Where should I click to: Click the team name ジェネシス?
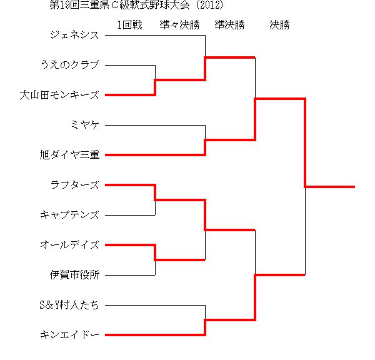pyautogui.click(x=74, y=35)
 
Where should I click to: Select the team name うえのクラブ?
pyautogui.click(x=70, y=65)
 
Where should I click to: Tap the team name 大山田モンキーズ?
pyautogui.click(x=59, y=95)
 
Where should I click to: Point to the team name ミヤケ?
pyautogui.click(x=84, y=125)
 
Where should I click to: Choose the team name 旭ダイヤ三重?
pyautogui.click(x=69, y=155)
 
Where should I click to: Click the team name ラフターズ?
pyautogui.click(x=74, y=185)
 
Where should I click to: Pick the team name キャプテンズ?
pyautogui.click(x=69, y=215)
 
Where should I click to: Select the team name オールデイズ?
pyautogui.click(x=69, y=245)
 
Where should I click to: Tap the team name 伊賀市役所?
pyautogui.click(x=74, y=275)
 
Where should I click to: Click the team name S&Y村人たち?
pyautogui.click(x=69, y=305)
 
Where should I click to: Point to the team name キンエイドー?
pyautogui.click(x=69, y=335)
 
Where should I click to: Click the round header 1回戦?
pyautogui.click(x=129, y=25)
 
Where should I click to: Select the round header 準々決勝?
pyautogui.click(x=179, y=25)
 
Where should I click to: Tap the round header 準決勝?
pyautogui.click(x=229, y=25)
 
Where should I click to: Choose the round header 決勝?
pyautogui.click(x=279, y=25)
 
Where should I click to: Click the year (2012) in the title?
pyautogui.click(x=209, y=5)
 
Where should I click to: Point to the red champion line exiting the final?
pyautogui.click(x=330, y=187)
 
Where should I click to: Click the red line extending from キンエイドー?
pyautogui.click(x=155, y=335)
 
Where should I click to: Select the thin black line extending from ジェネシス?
pyautogui.click(x=155, y=36)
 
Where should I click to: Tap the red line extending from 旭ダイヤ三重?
pyautogui.click(x=155, y=155)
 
